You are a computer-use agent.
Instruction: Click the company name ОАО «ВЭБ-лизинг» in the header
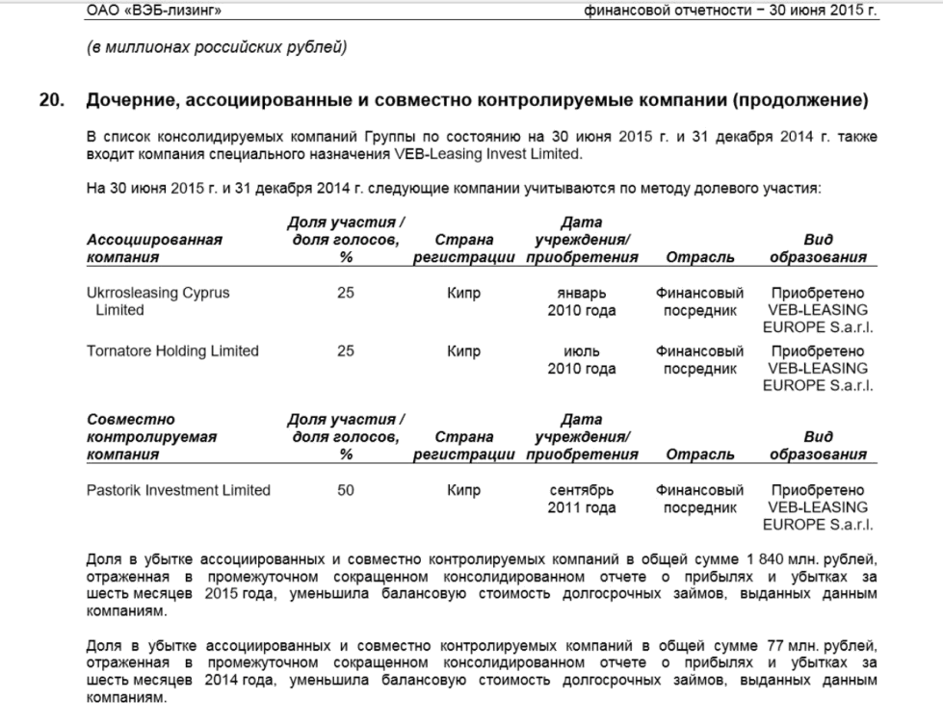(145, 12)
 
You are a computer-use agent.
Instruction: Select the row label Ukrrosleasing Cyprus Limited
(158, 301)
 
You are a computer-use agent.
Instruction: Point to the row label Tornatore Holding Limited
(172, 351)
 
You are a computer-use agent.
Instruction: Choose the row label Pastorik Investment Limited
(178, 490)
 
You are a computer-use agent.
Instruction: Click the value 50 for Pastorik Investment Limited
(346, 490)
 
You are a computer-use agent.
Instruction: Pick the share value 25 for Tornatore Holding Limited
(346, 351)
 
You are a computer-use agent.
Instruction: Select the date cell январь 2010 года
(581, 301)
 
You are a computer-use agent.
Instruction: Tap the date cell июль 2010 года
(581, 360)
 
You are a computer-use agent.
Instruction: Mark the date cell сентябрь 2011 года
(581, 499)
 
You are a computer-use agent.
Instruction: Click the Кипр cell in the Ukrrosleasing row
(464, 293)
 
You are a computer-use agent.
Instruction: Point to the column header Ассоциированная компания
(154, 248)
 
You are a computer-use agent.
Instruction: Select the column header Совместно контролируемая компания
(151, 437)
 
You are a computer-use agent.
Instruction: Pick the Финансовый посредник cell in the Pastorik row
(700, 499)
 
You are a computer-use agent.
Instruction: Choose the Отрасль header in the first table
(700, 257)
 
